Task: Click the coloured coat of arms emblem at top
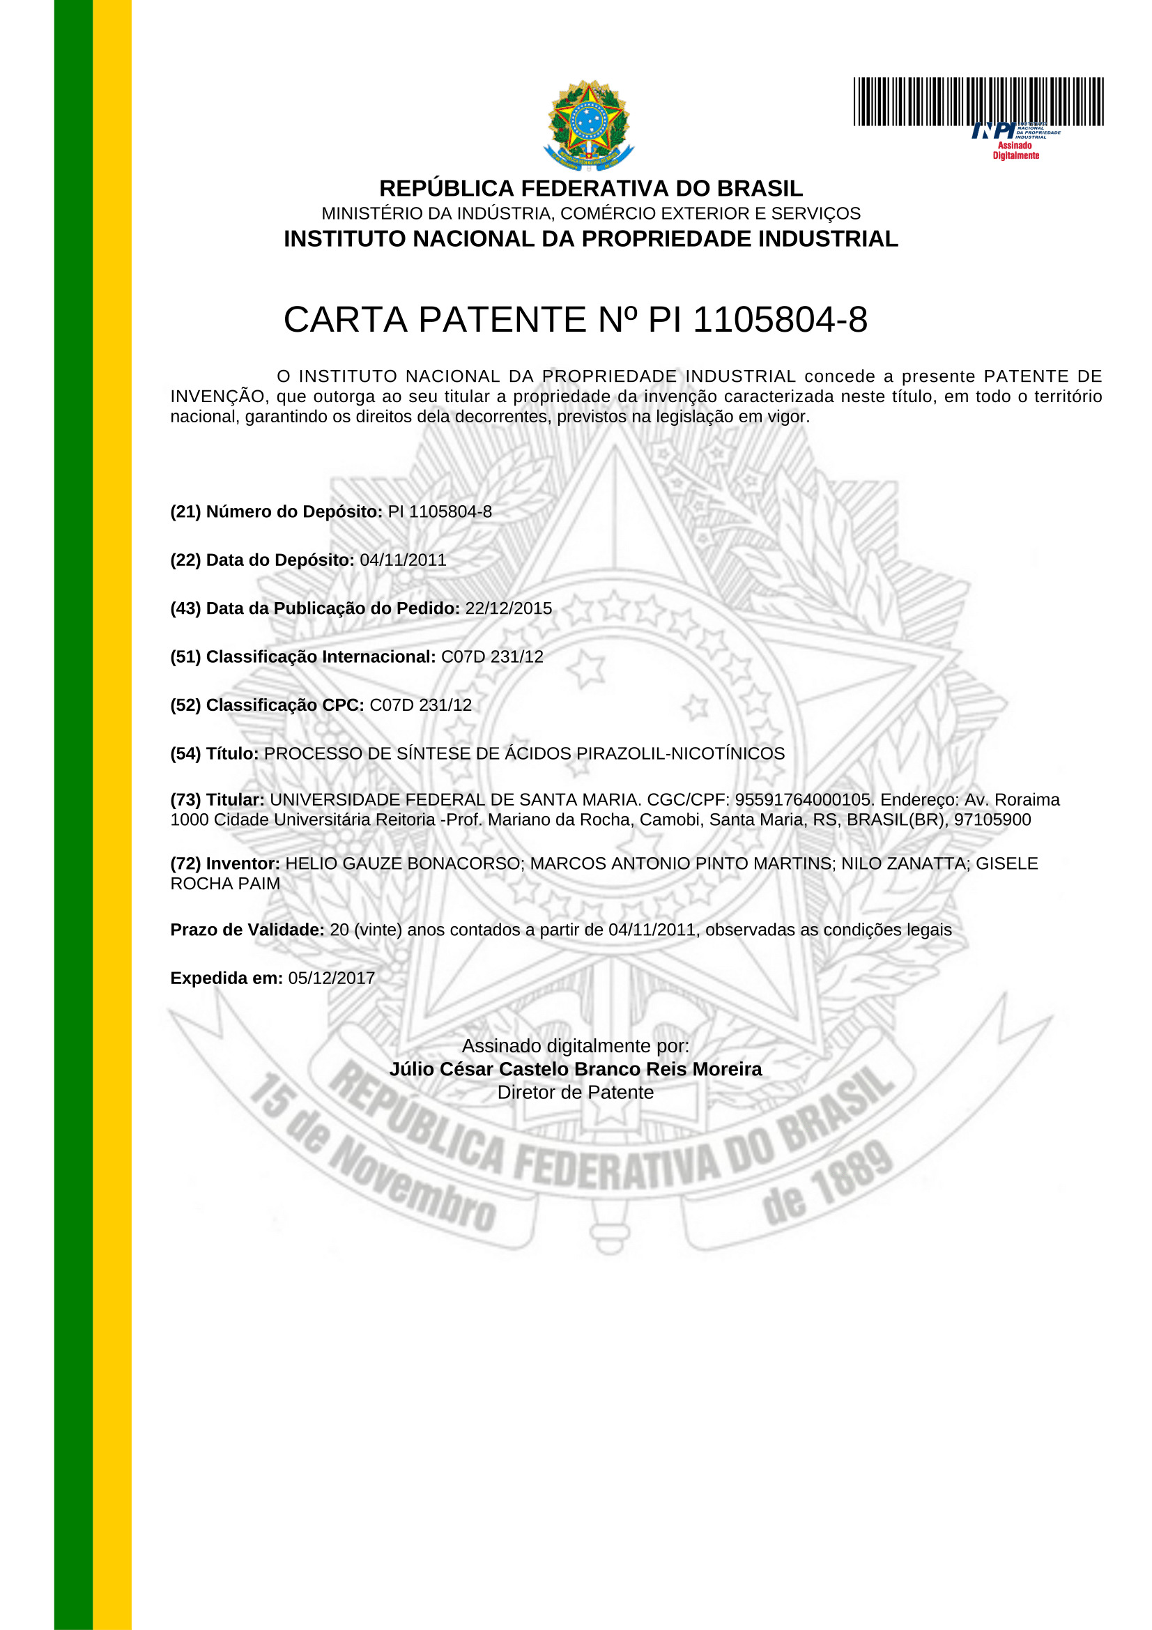pyautogui.click(x=587, y=125)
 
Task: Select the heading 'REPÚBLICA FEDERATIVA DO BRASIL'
pyautogui.click(x=590, y=188)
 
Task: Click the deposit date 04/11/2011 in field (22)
pyautogui.click(x=403, y=560)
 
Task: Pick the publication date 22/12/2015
pyautogui.click(x=508, y=608)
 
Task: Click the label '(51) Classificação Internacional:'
pyautogui.click(x=303, y=656)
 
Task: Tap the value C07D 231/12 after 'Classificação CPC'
pyautogui.click(x=420, y=705)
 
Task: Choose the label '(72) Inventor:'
pyautogui.click(x=225, y=864)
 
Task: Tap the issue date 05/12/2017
pyautogui.click(x=331, y=978)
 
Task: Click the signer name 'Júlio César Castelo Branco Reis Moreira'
pyautogui.click(x=575, y=1069)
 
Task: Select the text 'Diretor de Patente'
pyautogui.click(x=575, y=1093)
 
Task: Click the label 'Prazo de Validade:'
pyautogui.click(x=247, y=930)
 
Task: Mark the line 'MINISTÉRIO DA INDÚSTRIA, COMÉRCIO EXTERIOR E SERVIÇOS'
pyautogui.click(x=590, y=214)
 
